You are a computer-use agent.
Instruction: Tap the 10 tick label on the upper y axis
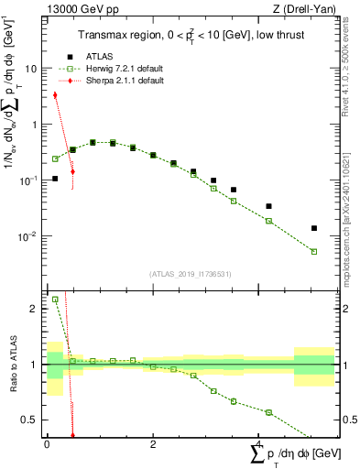click(32, 69)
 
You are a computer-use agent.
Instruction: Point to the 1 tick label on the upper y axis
click(36, 125)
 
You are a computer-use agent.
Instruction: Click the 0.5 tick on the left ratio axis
click(30, 420)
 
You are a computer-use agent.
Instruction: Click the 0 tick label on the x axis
click(47, 443)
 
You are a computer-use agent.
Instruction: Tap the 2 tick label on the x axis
click(152, 443)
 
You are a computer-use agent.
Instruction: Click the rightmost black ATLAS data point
click(314, 228)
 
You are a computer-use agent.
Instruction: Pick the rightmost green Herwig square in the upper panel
click(314, 252)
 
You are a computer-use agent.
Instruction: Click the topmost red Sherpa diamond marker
click(55, 94)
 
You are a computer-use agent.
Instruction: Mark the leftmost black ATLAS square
click(55, 179)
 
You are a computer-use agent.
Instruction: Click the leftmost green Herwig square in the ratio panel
click(55, 300)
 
